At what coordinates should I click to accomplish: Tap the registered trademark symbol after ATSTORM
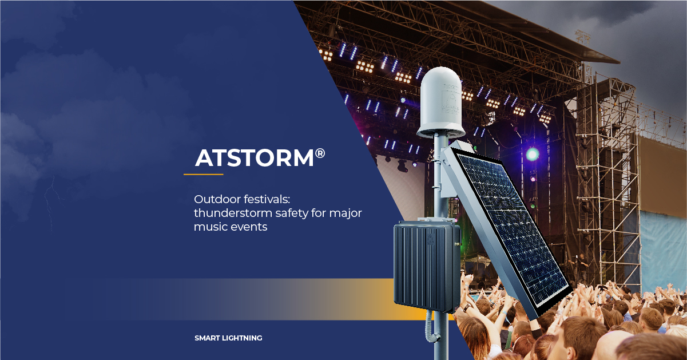pos(320,153)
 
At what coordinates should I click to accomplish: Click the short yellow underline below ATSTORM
pos(203,175)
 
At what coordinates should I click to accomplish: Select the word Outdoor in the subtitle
pos(217,199)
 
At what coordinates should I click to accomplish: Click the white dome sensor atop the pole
pos(440,102)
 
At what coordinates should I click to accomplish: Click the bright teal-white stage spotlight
pos(533,154)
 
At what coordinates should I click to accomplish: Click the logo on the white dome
pos(451,98)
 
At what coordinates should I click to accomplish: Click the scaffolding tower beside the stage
pos(607,184)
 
